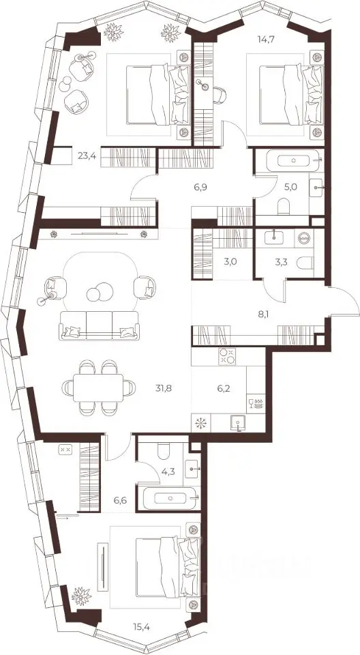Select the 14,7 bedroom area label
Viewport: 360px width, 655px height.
click(266, 40)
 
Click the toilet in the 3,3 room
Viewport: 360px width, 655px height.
click(304, 262)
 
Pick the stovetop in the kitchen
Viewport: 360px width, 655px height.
click(227, 356)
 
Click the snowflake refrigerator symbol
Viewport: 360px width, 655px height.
click(201, 424)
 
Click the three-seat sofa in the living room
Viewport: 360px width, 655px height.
click(99, 325)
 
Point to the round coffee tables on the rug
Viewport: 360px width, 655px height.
click(100, 292)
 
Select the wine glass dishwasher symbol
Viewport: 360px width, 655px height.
click(256, 403)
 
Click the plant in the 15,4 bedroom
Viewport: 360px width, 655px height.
click(81, 596)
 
